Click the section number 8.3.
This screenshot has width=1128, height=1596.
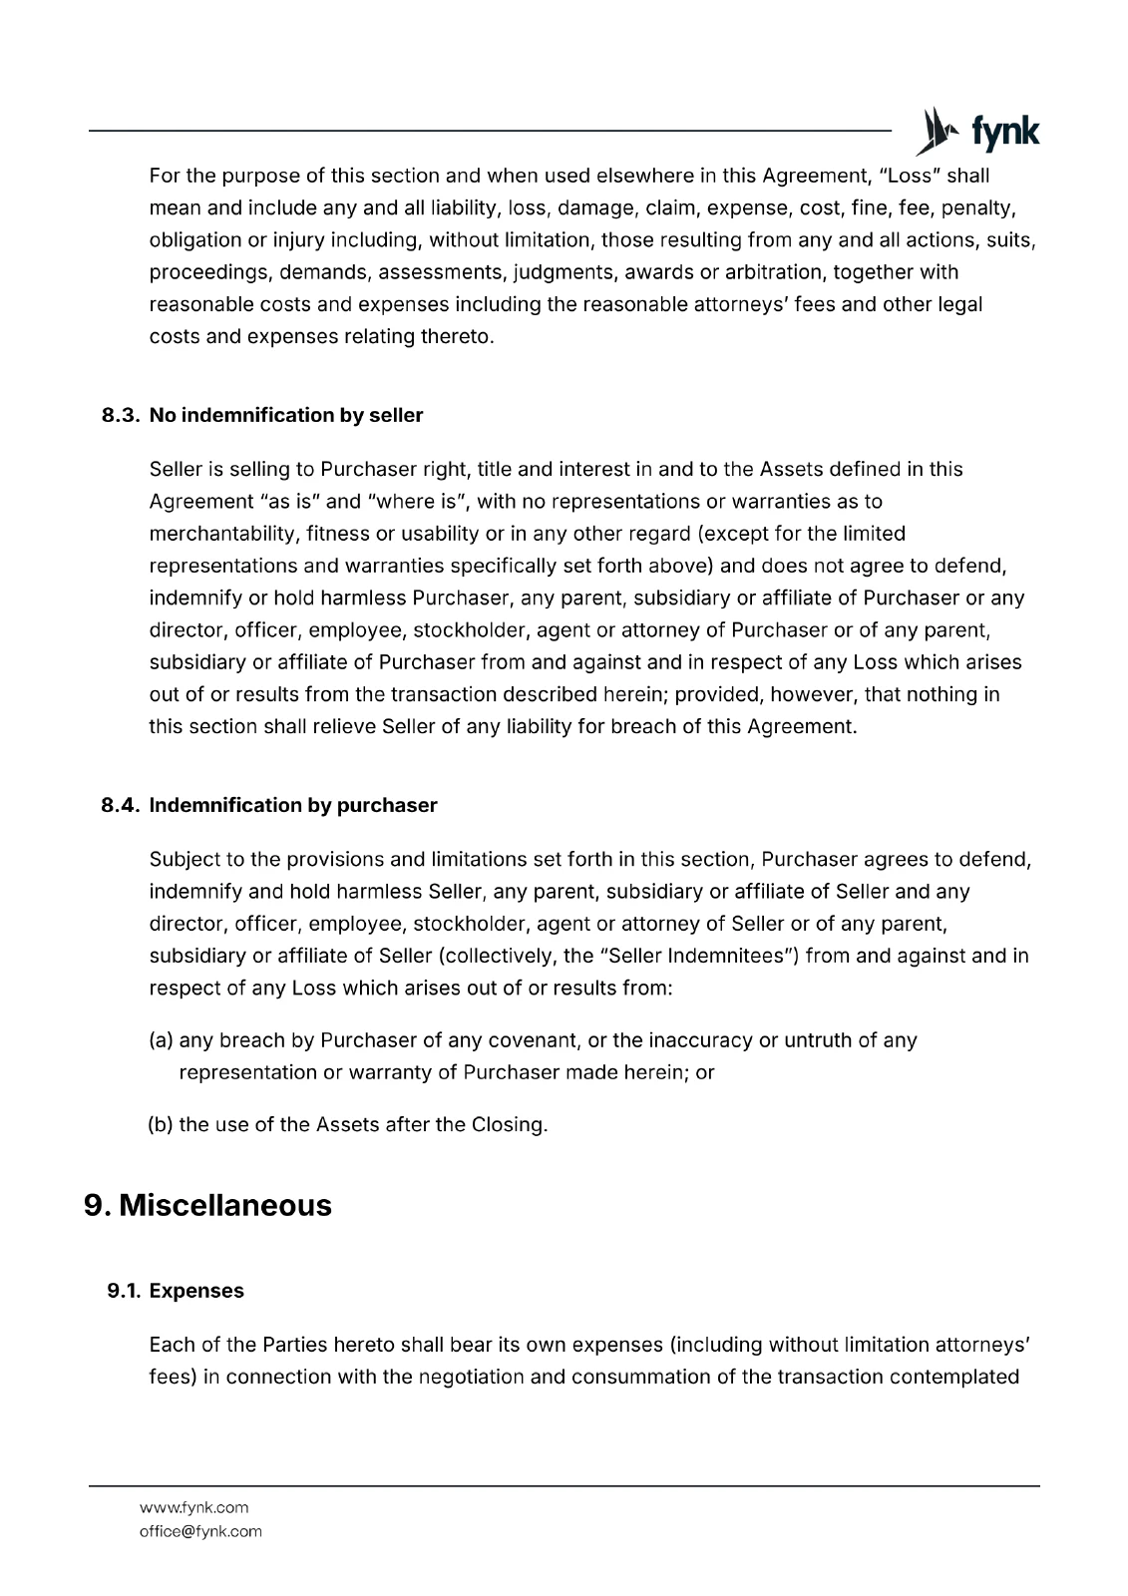point(123,415)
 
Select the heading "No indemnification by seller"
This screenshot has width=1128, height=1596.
point(286,415)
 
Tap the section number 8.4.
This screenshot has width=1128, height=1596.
point(123,805)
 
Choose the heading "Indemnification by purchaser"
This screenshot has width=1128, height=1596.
point(293,805)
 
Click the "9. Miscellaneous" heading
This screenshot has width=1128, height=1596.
point(207,1205)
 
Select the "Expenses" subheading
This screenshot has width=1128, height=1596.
point(196,1291)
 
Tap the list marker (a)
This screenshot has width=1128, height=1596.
point(162,1040)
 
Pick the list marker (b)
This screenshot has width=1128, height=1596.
point(162,1125)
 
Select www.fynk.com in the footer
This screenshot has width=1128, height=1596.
point(194,1507)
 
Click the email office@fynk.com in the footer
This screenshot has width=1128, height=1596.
point(200,1531)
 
